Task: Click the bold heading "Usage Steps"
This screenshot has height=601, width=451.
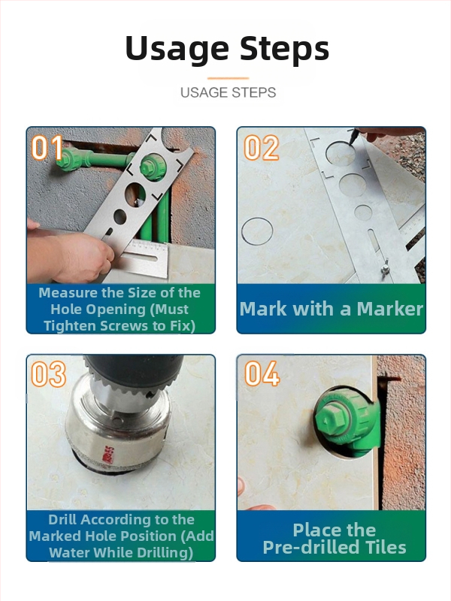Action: point(227,49)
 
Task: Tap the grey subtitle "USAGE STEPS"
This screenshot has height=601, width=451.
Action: point(229,92)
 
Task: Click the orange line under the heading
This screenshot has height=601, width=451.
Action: point(229,78)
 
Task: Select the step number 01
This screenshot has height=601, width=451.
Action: point(47,147)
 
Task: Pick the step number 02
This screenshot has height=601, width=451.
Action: point(261,147)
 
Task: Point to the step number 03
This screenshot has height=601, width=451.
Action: point(48,373)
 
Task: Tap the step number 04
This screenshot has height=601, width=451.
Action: point(262,373)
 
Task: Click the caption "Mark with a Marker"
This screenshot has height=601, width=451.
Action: point(331,309)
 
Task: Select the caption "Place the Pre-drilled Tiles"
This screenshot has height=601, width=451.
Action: point(334,539)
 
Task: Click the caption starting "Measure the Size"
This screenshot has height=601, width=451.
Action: point(120,310)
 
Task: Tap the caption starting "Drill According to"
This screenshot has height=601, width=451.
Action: point(121,536)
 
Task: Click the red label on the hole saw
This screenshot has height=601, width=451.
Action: point(110,455)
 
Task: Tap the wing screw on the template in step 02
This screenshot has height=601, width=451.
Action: point(385,268)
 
